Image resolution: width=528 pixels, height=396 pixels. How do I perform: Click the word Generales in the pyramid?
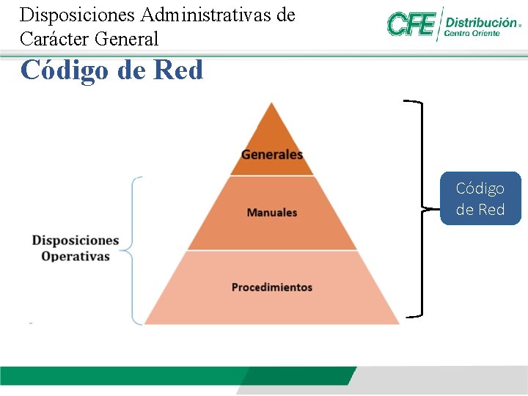[x=272, y=155]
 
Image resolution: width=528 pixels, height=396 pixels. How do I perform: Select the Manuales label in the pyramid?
[x=272, y=213]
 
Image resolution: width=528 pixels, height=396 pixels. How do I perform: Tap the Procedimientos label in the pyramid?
[x=272, y=287]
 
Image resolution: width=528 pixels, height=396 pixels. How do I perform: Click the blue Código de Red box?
[x=480, y=199]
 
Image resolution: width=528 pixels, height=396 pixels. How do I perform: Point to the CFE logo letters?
[x=411, y=24]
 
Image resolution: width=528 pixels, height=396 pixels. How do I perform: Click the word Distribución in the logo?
[x=480, y=22]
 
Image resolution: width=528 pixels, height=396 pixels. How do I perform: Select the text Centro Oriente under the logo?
[x=472, y=34]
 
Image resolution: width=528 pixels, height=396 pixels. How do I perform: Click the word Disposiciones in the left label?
[x=76, y=241]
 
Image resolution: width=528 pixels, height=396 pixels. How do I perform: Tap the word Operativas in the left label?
[x=76, y=257]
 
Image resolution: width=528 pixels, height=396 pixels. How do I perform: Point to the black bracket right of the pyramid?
[x=419, y=209]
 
